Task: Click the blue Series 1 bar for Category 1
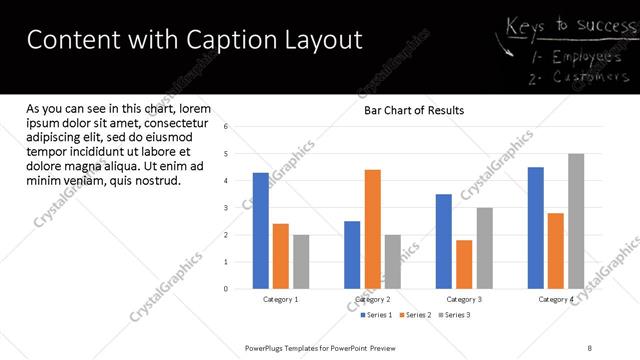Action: pyautogui.click(x=261, y=231)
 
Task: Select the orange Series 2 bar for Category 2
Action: pyautogui.click(x=372, y=229)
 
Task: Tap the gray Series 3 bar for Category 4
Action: pyautogui.click(x=576, y=221)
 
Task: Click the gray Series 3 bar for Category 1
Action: pyautogui.click(x=301, y=262)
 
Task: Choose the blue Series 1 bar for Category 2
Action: pyautogui.click(x=352, y=255)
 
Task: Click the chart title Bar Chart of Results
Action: pyautogui.click(x=413, y=111)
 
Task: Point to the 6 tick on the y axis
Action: pyautogui.click(x=226, y=127)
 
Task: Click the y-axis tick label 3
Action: pyautogui.click(x=226, y=208)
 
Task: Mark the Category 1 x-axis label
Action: pyautogui.click(x=280, y=299)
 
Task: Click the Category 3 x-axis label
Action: pyautogui.click(x=464, y=299)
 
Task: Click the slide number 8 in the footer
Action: pyautogui.click(x=590, y=347)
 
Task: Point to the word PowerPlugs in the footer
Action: pyautogui.click(x=267, y=347)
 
